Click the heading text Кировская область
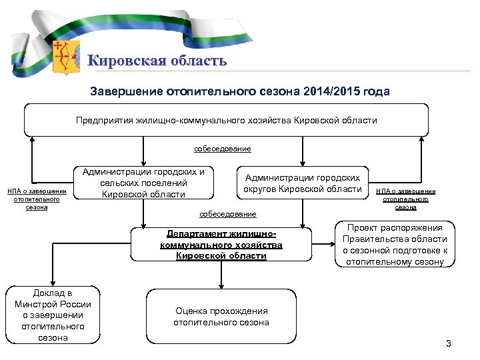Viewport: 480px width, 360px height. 158,61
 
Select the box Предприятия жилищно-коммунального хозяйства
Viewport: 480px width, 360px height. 226,121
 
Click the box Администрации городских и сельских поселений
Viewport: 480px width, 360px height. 143,183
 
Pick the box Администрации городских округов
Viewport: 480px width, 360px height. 303,183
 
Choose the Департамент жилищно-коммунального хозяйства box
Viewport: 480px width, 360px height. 221,245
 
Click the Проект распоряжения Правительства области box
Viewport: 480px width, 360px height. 395,245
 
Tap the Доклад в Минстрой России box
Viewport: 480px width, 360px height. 53,315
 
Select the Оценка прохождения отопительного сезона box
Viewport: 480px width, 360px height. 221,317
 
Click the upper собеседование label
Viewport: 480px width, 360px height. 223,149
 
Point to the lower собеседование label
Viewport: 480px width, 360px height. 228,214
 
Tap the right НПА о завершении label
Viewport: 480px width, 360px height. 405,199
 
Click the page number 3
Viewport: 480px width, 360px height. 448,344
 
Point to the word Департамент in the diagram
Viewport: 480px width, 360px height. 195,234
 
